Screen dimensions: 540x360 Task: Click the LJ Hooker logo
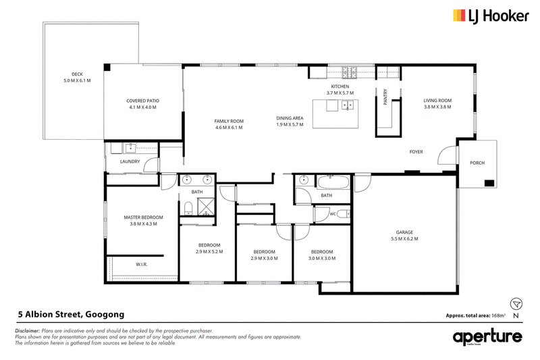[491, 16]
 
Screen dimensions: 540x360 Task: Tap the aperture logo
[487, 337]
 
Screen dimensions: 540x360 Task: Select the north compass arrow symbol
[516, 304]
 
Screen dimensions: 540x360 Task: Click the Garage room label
[404, 232]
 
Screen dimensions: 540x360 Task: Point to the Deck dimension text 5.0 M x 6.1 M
[77, 80]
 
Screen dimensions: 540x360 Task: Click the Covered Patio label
[142, 101]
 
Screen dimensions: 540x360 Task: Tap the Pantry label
[385, 97]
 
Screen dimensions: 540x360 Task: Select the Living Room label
[437, 101]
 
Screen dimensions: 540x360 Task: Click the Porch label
[477, 163]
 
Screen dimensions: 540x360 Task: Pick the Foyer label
[416, 151]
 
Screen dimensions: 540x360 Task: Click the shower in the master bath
[206, 207]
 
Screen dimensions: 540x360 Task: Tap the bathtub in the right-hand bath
[333, 182]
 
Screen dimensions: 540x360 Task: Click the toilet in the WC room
[343, 214]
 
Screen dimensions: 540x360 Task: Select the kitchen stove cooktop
[349, 72]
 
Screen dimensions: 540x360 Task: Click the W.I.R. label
[142, 265]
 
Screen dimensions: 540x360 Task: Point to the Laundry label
[130, 161]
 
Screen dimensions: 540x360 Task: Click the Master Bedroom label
[143, 217]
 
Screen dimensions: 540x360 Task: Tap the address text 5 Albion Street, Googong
[72, 315]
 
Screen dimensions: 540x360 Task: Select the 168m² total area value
[498, 315]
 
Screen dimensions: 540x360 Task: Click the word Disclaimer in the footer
[27, 331]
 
